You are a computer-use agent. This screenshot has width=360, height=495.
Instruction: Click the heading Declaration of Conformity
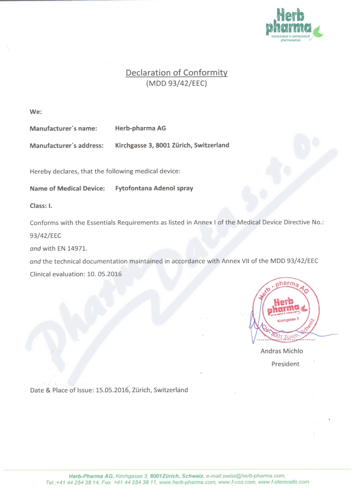pos(176,72)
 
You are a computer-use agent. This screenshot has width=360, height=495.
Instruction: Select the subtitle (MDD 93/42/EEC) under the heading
pos(176,83)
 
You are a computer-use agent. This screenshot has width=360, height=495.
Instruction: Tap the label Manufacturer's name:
pos(63,128)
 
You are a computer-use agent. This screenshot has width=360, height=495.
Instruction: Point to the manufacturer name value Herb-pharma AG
pos(141,128)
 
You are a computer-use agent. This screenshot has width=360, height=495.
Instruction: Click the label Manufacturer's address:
pos(67,145)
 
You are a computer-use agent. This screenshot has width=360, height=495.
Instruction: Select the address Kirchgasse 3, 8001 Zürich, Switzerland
pos(172,145)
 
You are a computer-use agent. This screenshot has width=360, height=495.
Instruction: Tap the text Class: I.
pos(41,205)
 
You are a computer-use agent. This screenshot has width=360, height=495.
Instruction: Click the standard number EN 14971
pos(73,248)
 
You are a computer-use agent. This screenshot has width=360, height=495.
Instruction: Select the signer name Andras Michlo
pos(282,351)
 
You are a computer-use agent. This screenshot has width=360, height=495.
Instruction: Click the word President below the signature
pos(285,364)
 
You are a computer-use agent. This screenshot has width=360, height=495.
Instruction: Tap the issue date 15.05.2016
pos(112,390)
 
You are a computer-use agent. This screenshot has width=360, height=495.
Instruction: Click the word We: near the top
pos(36,111)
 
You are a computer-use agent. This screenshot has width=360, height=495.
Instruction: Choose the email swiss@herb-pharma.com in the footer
pos(255,476)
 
